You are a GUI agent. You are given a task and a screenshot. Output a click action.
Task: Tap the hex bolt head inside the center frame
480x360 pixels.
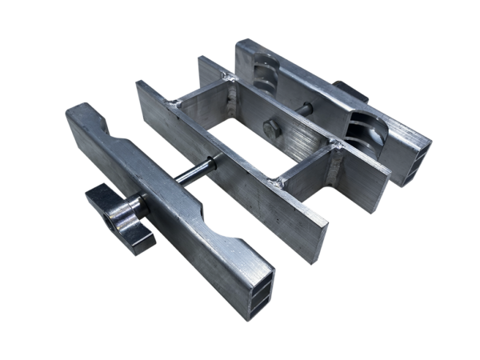(274, 130)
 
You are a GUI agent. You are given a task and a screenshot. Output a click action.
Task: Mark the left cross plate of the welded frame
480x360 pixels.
(202, 109)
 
